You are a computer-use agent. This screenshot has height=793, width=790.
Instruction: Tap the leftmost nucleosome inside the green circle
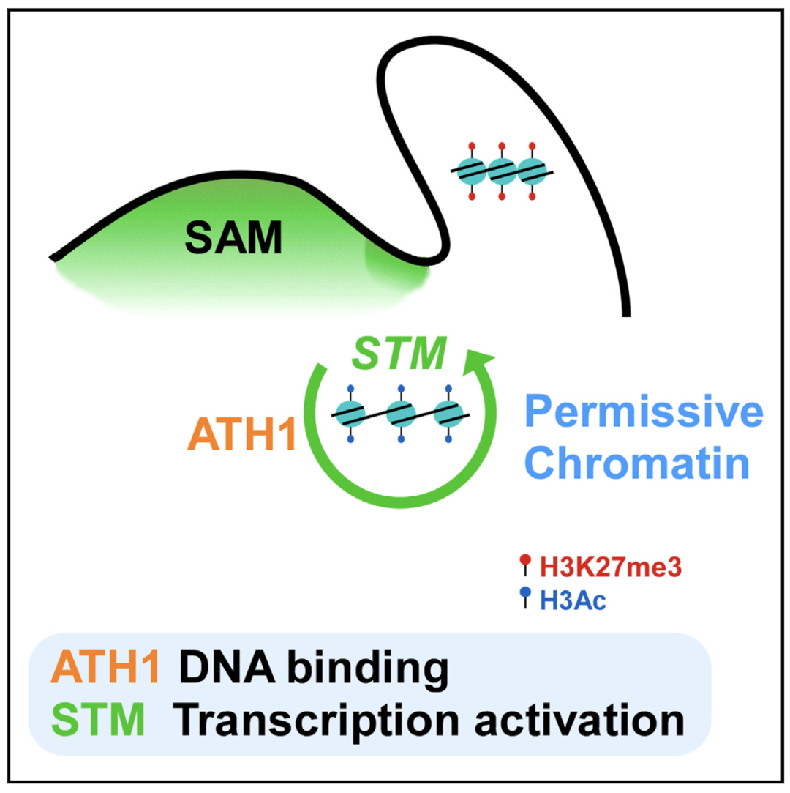click(348, 414)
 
